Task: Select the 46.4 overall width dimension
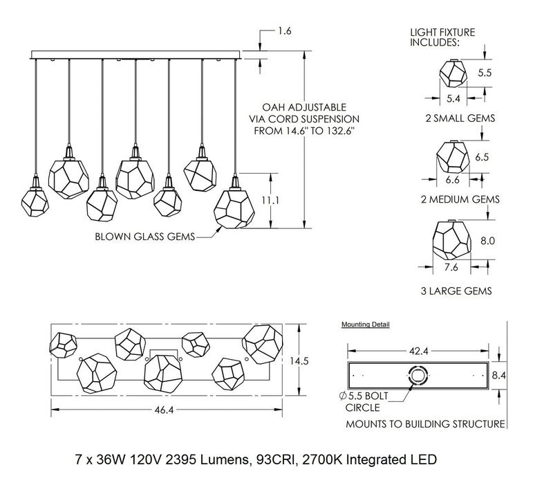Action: pos(165,410)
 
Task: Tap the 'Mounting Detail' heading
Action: pos(366,324)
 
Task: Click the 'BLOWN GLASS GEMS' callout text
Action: pos(144,238)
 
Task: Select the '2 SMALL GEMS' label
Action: pos(460,118)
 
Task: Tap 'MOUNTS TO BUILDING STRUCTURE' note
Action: pos(424,423)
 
